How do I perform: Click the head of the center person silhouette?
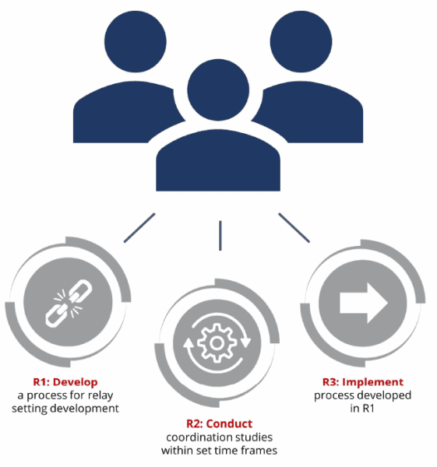(x=218, y=90)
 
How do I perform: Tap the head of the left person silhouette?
(x=136, y=41)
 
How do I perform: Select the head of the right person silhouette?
(x=301, y=41)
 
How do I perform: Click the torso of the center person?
(x=218, y=160)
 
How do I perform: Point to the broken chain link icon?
(x=69, y=304)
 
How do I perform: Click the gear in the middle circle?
(x=217, y=343)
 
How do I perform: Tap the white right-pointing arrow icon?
(x=364, y=303)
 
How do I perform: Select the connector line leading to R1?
(x=139, y=228)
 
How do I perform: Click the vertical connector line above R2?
(x=220, y=236)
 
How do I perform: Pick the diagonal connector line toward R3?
(x=294, y=227)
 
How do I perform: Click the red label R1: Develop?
(x=65, y=382)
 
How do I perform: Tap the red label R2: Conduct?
(x=220, y=423)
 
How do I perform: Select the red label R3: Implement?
(x=363, y=382)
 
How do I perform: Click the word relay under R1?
(x=100, y=396)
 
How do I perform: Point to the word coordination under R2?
(x=196, y=437)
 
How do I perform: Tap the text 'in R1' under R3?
(x=362, y=408)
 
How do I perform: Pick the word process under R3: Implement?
(x=333, y=396)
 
